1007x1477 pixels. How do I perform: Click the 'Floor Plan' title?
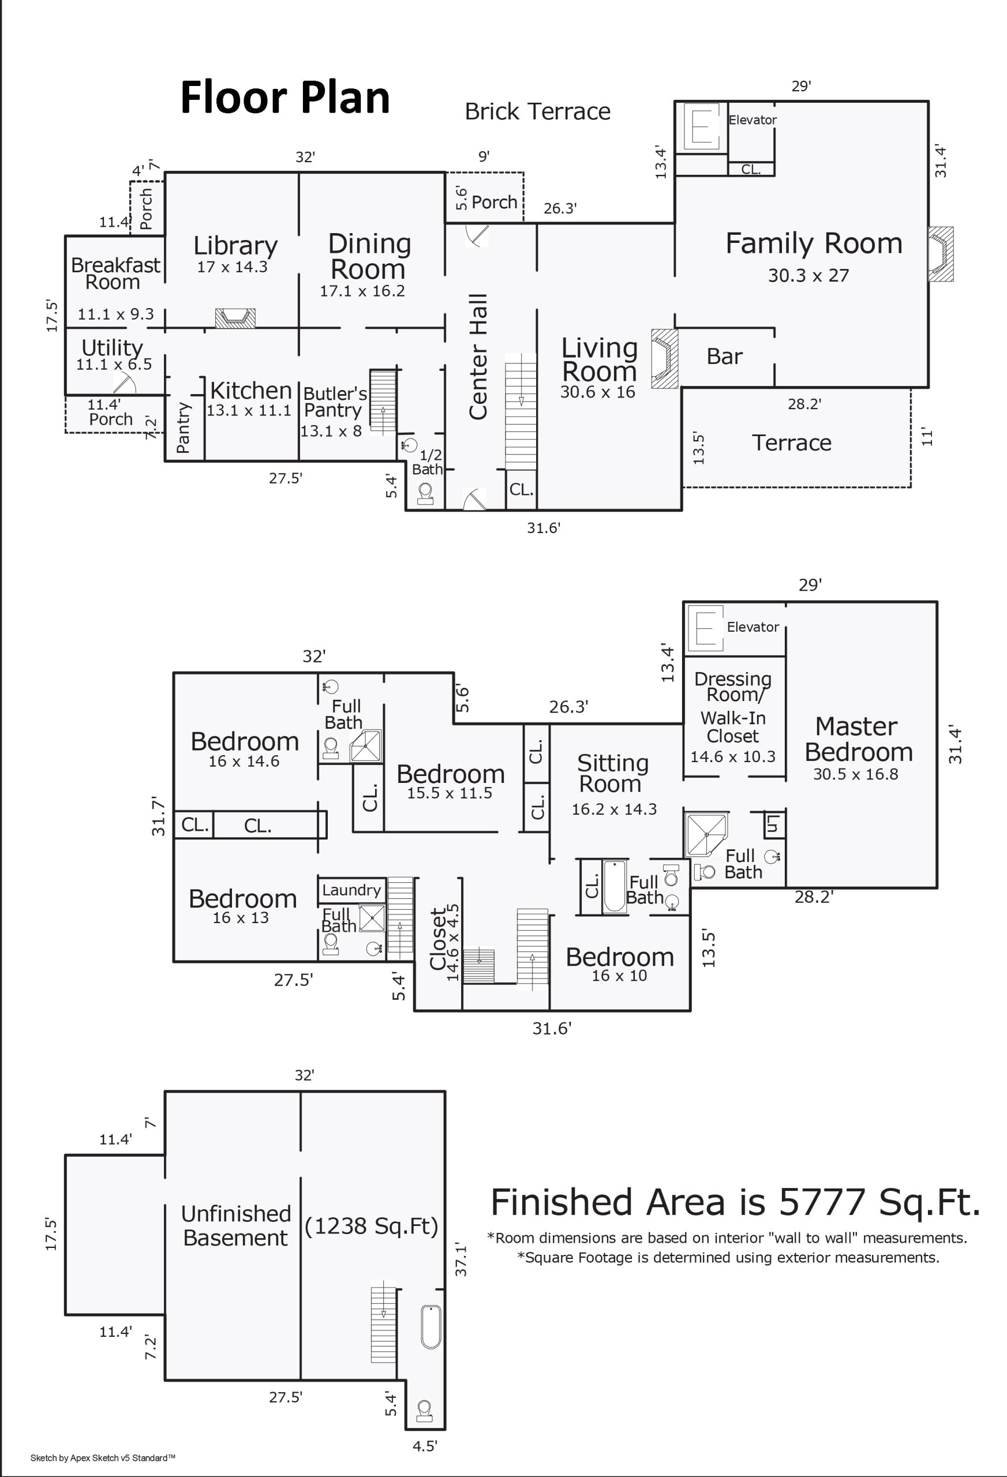(x=285, y=98)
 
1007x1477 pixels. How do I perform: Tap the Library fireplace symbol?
(x=235, y=318)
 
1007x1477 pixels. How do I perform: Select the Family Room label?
(x=814, y=243)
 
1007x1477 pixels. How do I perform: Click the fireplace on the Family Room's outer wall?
(x=940, y=254)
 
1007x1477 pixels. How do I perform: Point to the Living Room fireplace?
(x=665, y=358)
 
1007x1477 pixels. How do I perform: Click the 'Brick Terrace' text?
(x=537, y=112)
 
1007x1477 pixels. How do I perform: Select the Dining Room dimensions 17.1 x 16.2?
(x=362, y=291)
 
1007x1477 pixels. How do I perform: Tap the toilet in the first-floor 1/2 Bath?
(x=425, y=493)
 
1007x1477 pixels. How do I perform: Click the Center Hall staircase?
(x=521, y=411)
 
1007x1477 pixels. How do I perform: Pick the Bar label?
(x=724, y=357)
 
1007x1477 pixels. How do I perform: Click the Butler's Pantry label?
(x=334, y=402)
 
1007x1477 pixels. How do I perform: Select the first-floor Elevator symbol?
(x=701, y=127)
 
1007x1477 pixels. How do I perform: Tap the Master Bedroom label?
(x=858, y=739)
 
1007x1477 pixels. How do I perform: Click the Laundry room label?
(x=351, y=890)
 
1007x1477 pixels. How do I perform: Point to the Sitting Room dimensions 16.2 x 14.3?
(x=614, y=809)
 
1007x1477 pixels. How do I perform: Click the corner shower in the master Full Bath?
(x=706, y=833)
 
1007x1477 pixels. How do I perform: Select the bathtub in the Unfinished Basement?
(x=431, y=1327)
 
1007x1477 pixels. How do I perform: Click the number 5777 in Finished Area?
(x=821, y=1203)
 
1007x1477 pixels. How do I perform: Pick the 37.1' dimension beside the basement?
(x=461, y=1260)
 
